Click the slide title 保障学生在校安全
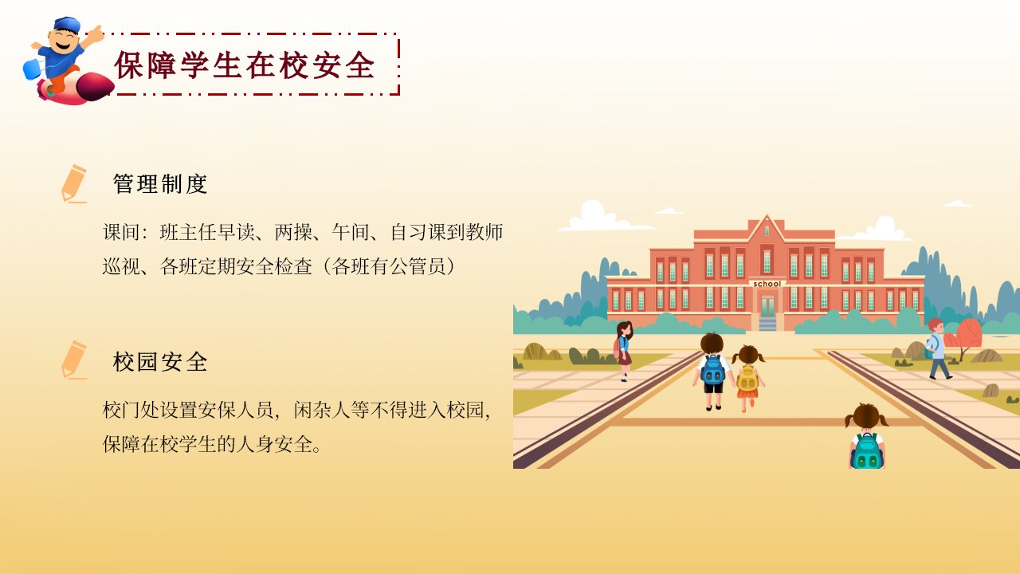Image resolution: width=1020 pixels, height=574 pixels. coord(245,65)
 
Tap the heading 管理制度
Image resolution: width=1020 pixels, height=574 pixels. coord(160,184)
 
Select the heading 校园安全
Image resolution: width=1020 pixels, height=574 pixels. coord(160,362)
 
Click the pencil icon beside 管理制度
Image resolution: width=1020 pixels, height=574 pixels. coord(74,183)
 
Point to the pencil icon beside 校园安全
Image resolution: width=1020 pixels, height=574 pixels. coord(74,360)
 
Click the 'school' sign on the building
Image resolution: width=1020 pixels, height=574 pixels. coord(767,284)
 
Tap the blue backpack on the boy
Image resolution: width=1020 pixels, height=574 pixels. coord(712,369)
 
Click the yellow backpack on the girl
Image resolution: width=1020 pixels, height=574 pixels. coord(747,378)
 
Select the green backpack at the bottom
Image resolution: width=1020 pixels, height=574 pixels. coord(866,452)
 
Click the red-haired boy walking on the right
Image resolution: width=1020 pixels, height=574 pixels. coord(938,348)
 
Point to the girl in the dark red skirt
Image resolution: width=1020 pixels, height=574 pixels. coord(624,351)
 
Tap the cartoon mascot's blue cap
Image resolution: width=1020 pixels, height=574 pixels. coord(66,24)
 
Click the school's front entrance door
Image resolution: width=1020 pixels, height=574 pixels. coord(767,306)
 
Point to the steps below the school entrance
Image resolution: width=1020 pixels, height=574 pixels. coord(767,324)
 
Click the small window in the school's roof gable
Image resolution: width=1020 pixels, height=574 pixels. coord(767,231)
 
